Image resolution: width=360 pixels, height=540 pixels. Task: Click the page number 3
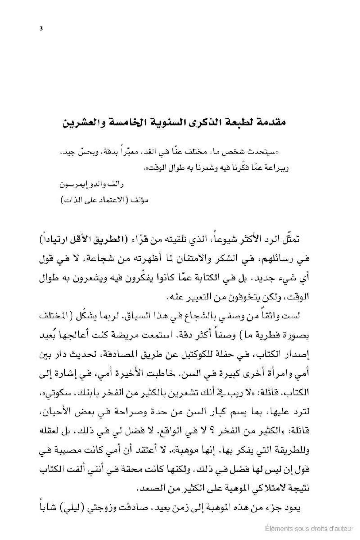tap(41, 29)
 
